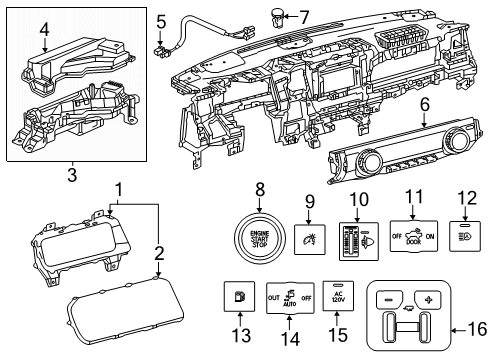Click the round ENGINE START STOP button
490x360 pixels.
click(x=260, y=246)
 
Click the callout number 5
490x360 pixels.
click(x=160, y=19)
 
